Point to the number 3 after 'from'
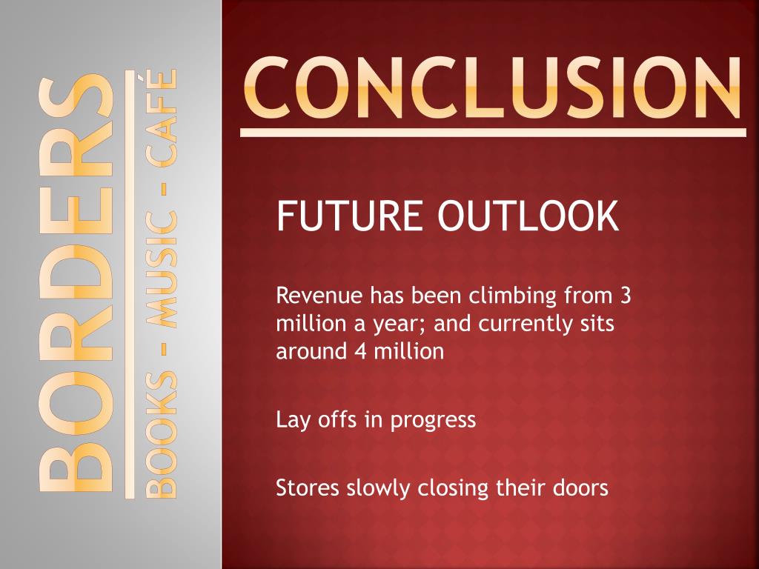626,297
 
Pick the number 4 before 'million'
359,351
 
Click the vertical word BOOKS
158,433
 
